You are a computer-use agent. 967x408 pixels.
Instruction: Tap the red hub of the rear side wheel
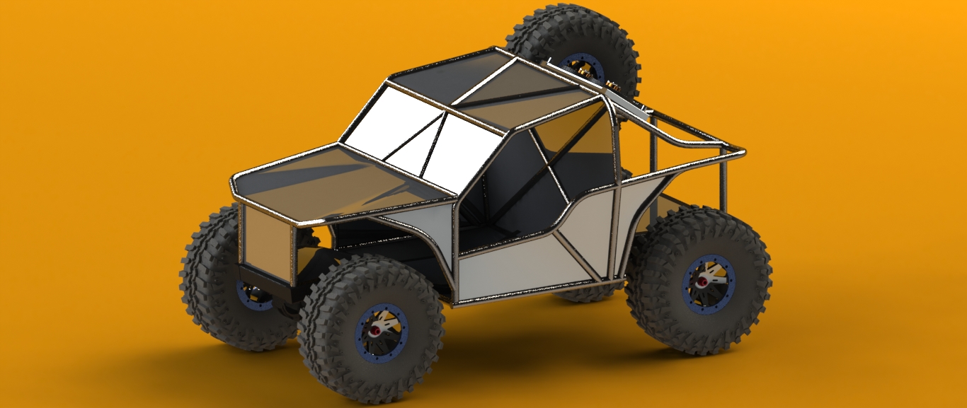(x=703, y=281)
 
